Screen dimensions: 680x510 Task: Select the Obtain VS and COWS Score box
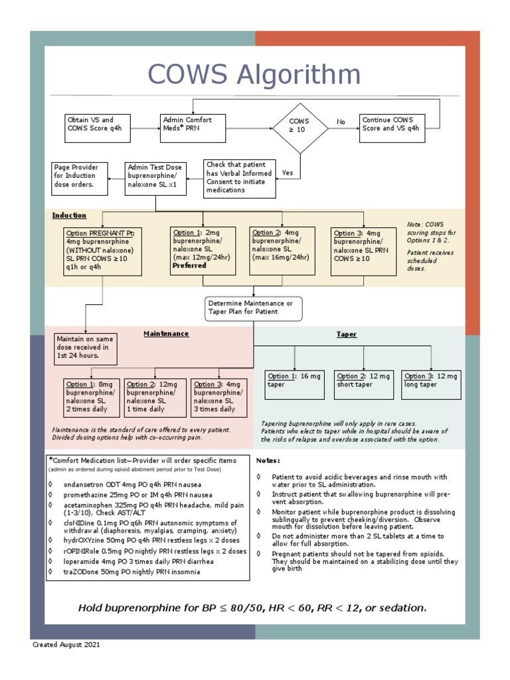pos(94,128)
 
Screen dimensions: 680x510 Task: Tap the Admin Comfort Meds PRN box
pos(193,128)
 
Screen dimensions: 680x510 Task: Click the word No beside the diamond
pos(341,122)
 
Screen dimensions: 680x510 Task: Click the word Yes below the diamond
pos(288,173)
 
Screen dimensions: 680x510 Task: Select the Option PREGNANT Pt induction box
pos(103,252)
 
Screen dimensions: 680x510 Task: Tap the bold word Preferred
pos(190,266)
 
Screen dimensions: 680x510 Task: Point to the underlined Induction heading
pos(69,215)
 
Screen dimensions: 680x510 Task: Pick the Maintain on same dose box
pos(85,348)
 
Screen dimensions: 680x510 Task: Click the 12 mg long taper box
pos(431,385)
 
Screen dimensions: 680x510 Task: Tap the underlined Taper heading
pos(346,335)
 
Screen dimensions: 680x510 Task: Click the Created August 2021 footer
pos(67,645)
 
